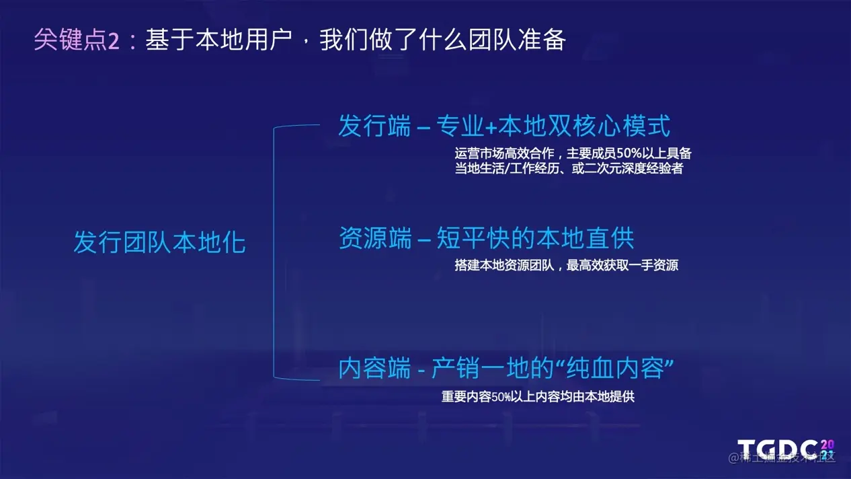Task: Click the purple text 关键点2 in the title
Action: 77,40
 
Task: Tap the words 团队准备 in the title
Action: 517,40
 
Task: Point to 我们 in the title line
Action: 343,40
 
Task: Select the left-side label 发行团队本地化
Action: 159,242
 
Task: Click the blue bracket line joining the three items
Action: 274,252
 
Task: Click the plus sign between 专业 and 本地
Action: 491,127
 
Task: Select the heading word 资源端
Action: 374,238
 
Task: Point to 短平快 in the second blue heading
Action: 473,238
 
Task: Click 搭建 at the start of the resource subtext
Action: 467,265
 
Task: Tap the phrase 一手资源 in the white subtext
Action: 653,265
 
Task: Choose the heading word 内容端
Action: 374,368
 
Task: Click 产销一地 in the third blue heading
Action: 480,368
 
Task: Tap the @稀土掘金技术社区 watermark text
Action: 782,457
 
